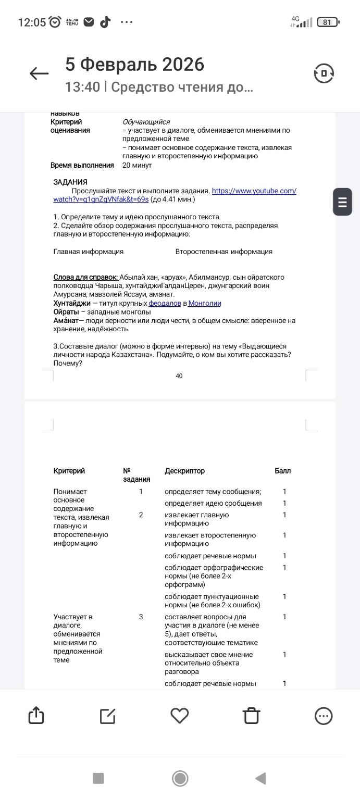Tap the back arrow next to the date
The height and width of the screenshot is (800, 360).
pos(39,73)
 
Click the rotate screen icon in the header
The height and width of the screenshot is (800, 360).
pos(324,73)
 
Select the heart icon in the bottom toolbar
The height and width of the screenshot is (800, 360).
pos(180,716)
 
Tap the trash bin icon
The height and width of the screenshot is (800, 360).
pos(252,716)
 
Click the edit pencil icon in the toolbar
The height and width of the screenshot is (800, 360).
pos(108,716)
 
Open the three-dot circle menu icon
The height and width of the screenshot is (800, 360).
pos(324,716)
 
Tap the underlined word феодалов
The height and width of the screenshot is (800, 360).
pos(165,303)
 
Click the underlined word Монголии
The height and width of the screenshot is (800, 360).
pos(205,303)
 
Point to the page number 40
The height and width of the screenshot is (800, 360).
pos(179,376)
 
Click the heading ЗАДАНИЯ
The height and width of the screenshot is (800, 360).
pos(70,182)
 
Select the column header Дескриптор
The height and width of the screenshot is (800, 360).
pos(185,471)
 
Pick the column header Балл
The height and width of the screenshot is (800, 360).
pos(283,471)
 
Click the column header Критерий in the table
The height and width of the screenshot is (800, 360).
pos(69,471)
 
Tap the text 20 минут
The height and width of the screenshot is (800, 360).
pos(137,165)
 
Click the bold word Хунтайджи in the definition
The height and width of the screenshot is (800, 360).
pos(72,303)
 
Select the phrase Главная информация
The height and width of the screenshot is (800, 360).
pos(89,252)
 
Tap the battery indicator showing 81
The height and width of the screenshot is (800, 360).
pos(328,22)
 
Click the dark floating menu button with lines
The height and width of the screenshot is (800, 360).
pos(342,201)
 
